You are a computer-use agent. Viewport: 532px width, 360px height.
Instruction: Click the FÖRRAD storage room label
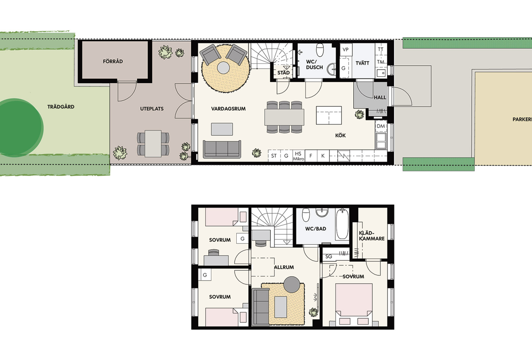(x=113, y=61)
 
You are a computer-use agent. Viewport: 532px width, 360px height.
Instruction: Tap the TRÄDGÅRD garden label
(x=61, y=107)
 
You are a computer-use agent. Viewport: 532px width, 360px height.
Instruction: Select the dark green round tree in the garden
(x=20, y=128)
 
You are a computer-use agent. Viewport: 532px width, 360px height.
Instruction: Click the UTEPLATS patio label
(x=152, y=109)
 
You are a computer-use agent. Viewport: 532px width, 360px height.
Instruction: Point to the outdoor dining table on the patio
(x=153, y=144)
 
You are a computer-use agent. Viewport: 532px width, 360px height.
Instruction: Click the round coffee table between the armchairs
(x=223, y=68)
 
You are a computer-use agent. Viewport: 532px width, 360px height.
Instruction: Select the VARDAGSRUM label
(x=228, y=109)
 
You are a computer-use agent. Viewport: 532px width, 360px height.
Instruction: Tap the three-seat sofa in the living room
(x=222, y=149)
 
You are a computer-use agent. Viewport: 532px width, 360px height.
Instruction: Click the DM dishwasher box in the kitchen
(x=381, y=126)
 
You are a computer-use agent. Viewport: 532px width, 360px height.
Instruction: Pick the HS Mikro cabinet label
(x=298, y=156)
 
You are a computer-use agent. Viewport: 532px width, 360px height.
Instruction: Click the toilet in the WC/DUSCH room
(x=320, y=50)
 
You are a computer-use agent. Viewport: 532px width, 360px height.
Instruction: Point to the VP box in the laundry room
(x=346, y=50)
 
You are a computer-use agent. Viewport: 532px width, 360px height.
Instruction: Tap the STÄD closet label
(x=284, y=73)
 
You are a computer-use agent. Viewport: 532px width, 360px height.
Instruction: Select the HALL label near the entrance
(x=380, y=98)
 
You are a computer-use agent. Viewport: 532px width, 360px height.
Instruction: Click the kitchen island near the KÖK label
(x=329, y=115)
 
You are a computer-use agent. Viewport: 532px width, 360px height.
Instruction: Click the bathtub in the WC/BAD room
(x=342, y=223)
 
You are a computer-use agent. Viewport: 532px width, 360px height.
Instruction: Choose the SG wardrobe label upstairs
(x=329, y=256)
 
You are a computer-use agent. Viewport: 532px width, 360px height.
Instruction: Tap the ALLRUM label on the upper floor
(x=284, y=267)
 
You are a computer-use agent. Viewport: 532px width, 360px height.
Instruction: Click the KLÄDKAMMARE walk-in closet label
(x=372, y=236)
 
